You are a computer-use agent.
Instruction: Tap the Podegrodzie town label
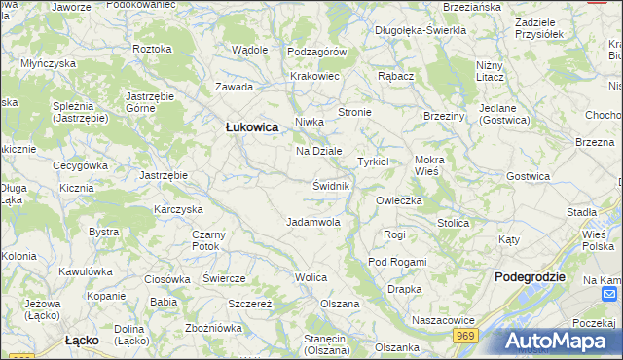point(530,276)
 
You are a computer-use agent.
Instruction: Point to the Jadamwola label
point(313,222)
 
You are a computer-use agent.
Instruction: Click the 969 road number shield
point(466,335)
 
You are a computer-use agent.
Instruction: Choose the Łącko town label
point(85,341)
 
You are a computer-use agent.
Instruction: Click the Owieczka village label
point(398,200)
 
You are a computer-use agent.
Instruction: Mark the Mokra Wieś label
point(427,164)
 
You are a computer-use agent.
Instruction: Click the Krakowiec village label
point(314,75)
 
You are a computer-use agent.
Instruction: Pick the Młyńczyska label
point(49,63)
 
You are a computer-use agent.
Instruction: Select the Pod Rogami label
point(397,262)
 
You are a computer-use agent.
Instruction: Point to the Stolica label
point(453,223)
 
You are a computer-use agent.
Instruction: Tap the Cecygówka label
point(80,165)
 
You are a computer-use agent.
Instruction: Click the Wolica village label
point(311,277)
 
